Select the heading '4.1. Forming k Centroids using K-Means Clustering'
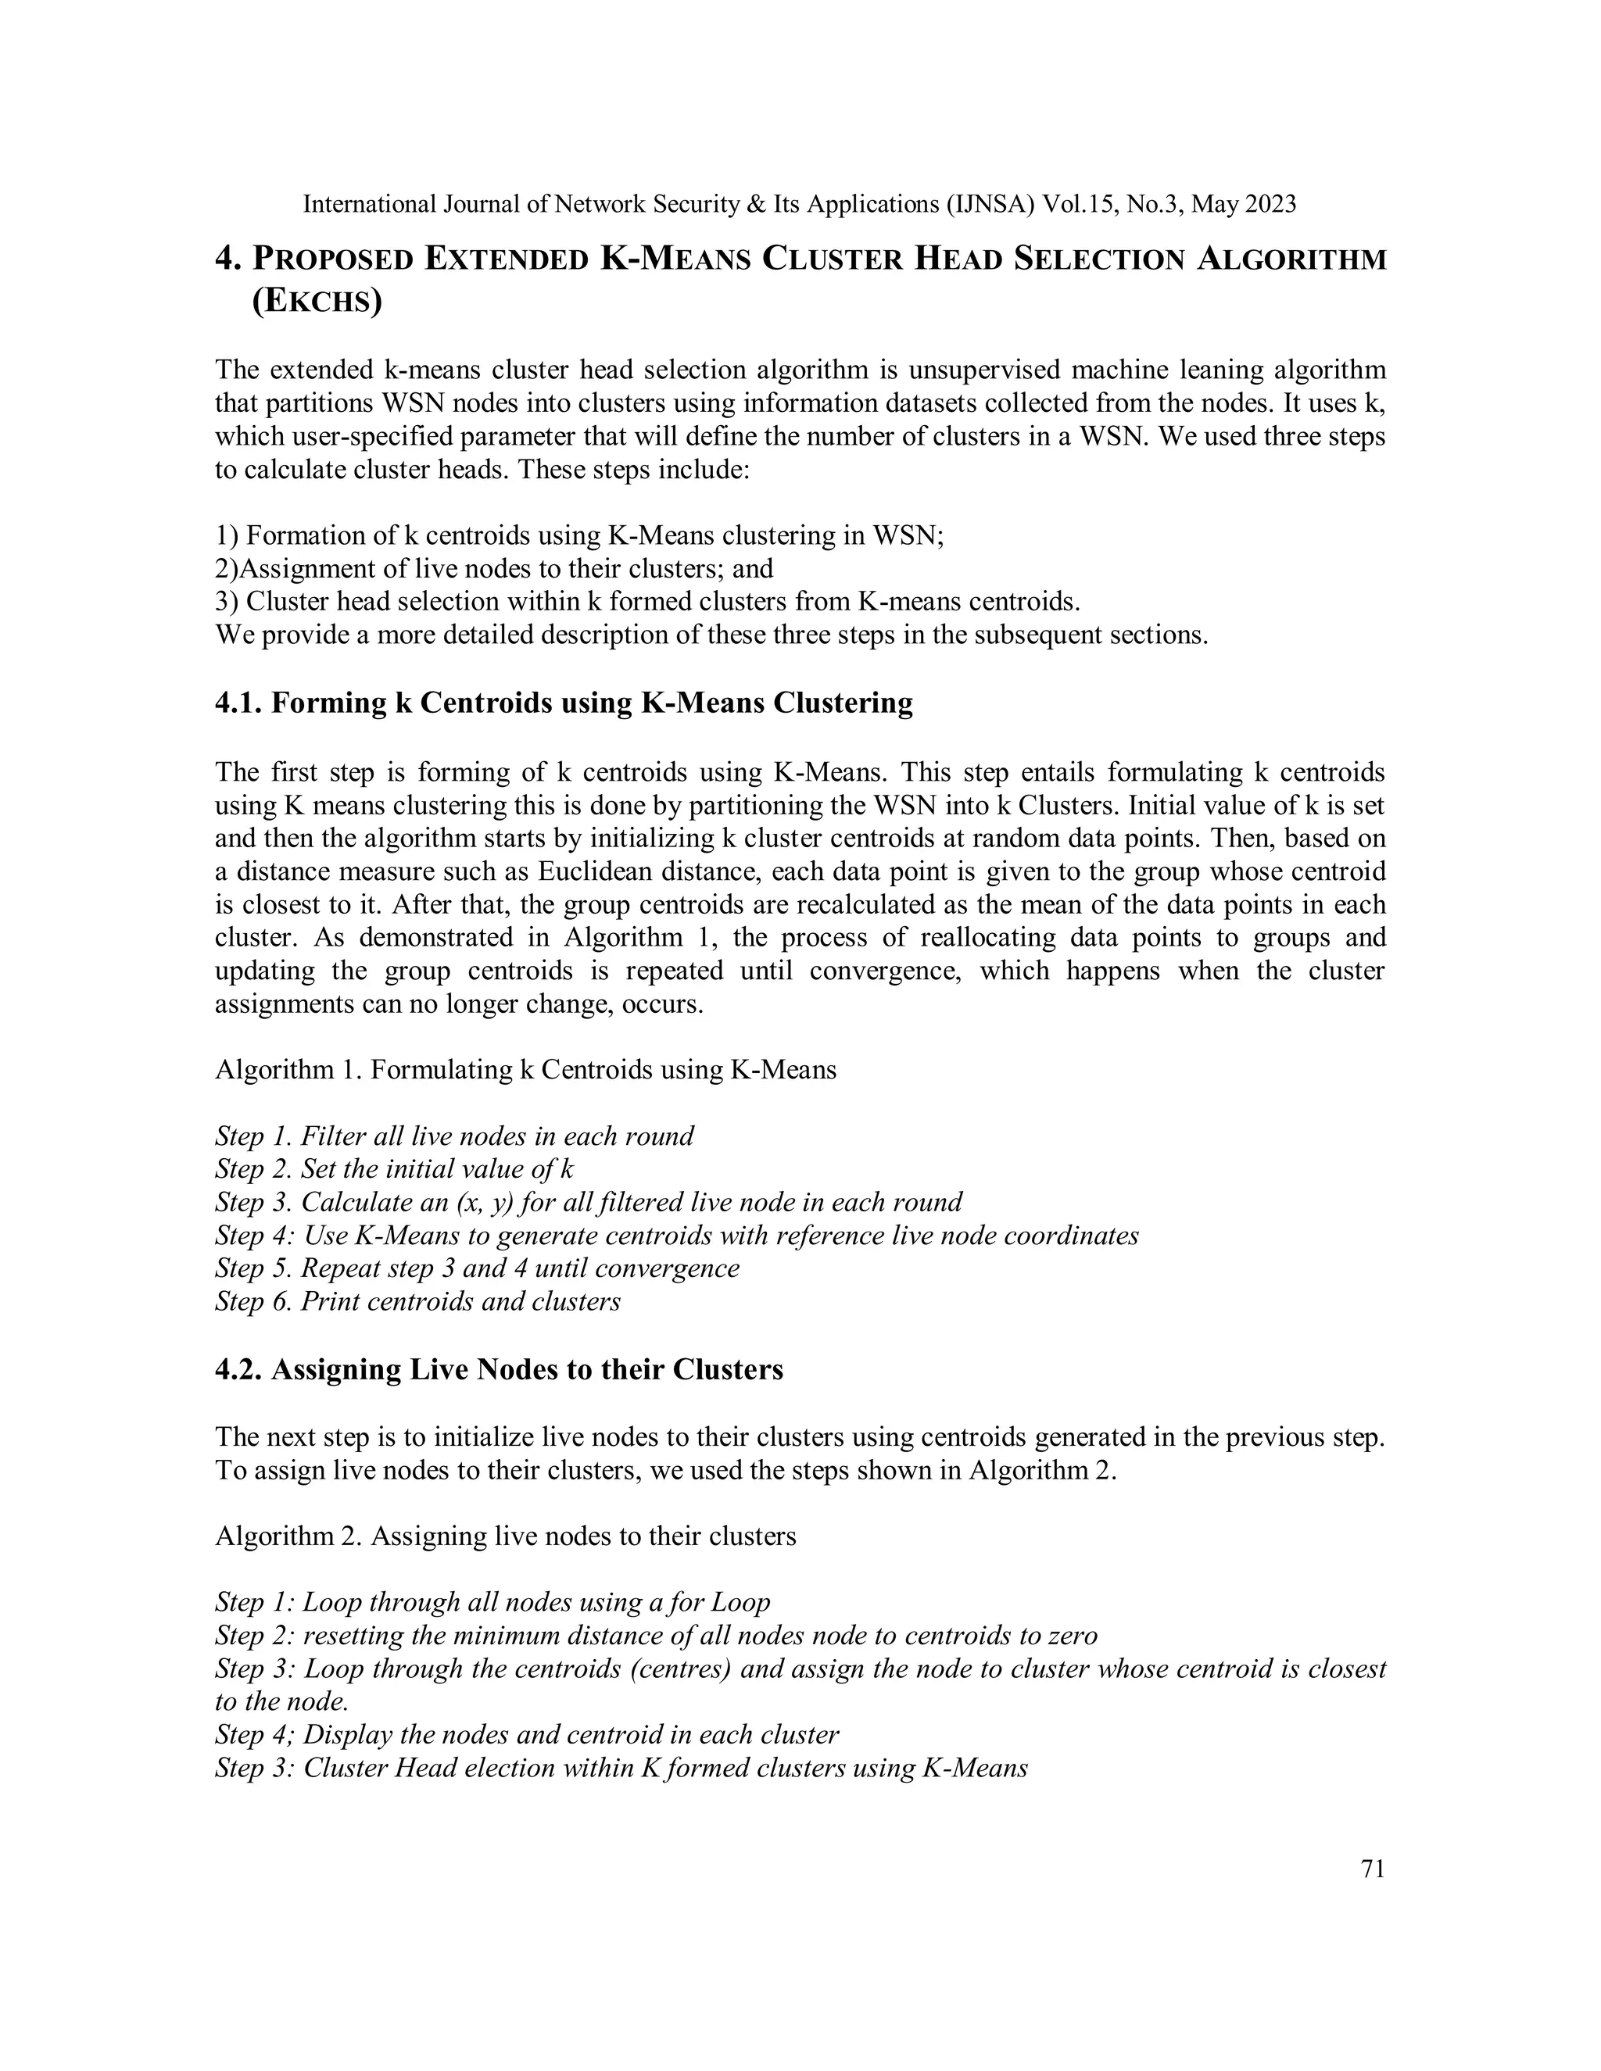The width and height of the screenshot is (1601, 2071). [564, 703]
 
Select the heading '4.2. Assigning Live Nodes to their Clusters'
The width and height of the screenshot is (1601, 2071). [499, 1369]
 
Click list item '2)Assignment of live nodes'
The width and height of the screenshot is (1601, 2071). [493, 569]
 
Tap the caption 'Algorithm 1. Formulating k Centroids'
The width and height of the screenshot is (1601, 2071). [525, 1070]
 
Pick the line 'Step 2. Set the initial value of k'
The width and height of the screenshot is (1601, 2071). [394, 1168]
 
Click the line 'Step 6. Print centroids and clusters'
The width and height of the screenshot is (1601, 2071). [417, 1301]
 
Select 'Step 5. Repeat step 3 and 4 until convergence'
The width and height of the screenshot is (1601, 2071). [477, 1268]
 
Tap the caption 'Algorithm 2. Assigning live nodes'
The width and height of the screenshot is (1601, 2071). [506, 1536]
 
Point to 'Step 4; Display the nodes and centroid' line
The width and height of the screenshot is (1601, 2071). [526, 1735]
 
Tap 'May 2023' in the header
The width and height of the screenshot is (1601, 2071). [1244, 204]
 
